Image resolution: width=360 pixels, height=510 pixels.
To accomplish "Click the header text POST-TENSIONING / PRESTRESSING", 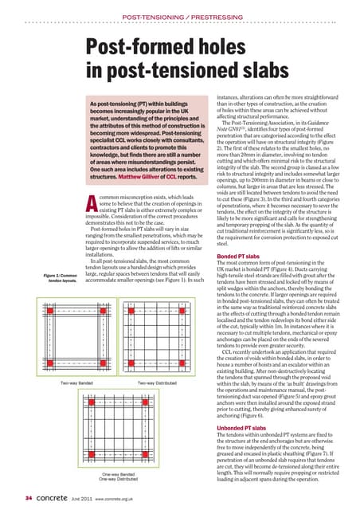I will pyautogui.click(x=179, y=16).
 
